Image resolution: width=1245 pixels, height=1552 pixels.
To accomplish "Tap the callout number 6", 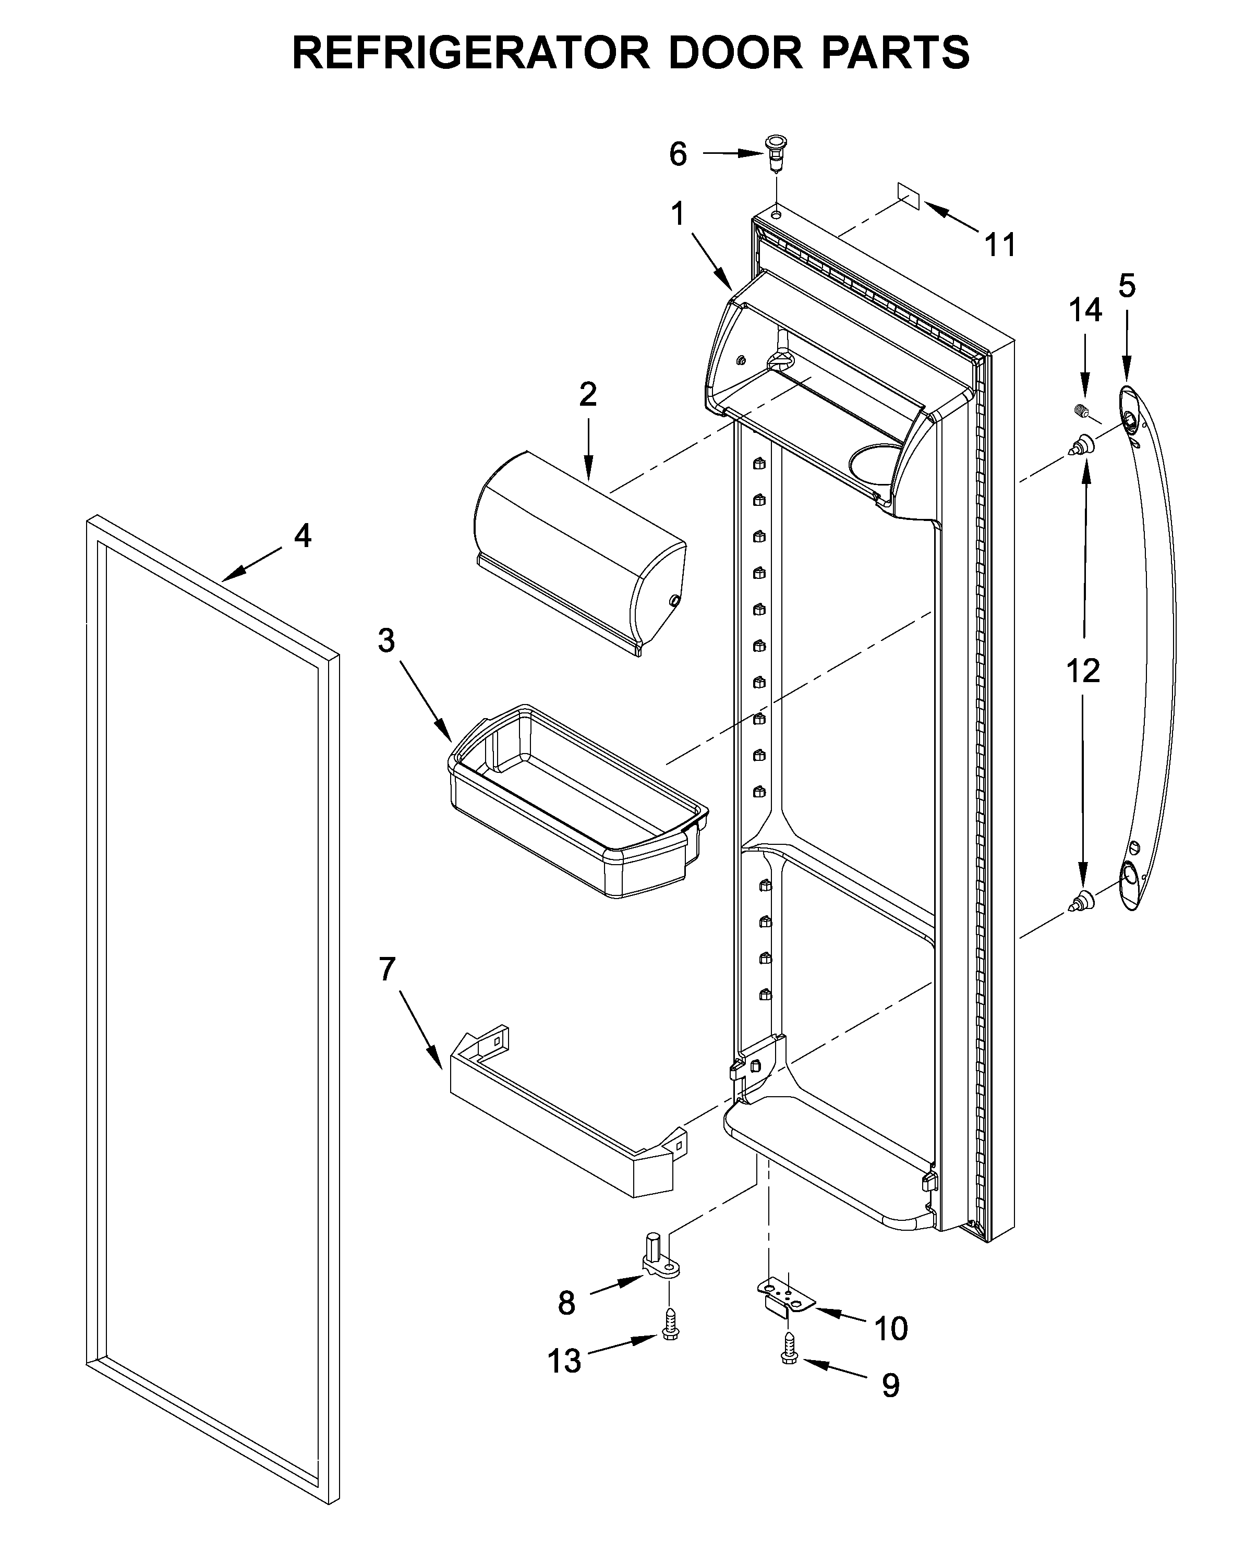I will coord(678,154).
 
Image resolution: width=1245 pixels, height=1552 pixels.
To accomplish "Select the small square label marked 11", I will coord(909,195).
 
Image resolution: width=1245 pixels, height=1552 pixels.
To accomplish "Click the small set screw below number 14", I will coord(1079,411).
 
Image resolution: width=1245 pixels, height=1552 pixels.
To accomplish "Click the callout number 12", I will coord(1083,671).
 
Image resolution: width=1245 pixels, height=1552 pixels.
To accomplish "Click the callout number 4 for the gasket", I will coord(303,536).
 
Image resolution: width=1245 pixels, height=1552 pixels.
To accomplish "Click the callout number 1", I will coord(678,214).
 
